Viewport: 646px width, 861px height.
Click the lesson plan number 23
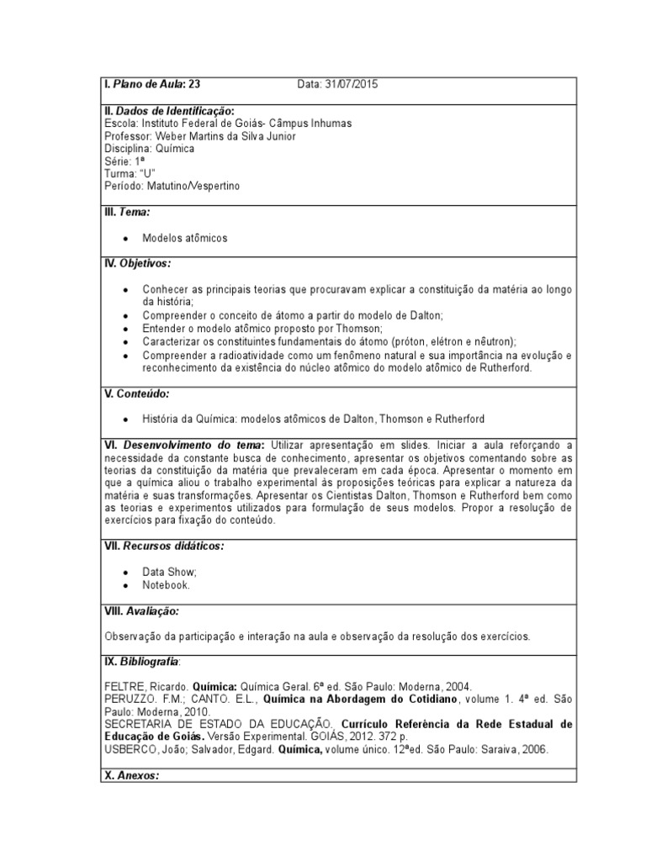[194, 84]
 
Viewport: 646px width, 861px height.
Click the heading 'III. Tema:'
[126, 213]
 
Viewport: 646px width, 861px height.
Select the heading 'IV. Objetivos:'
[137, 263]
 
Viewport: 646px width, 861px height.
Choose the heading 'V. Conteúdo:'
[135, 394]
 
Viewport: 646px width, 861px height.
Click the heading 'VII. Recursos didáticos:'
[163, 547]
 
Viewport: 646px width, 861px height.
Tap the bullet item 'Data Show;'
[169, 572]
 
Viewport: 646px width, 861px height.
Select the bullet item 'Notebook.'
[167, 584]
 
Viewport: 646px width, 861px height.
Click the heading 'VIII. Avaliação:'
[140, 610]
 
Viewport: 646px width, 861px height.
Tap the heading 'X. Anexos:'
[130, 776]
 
